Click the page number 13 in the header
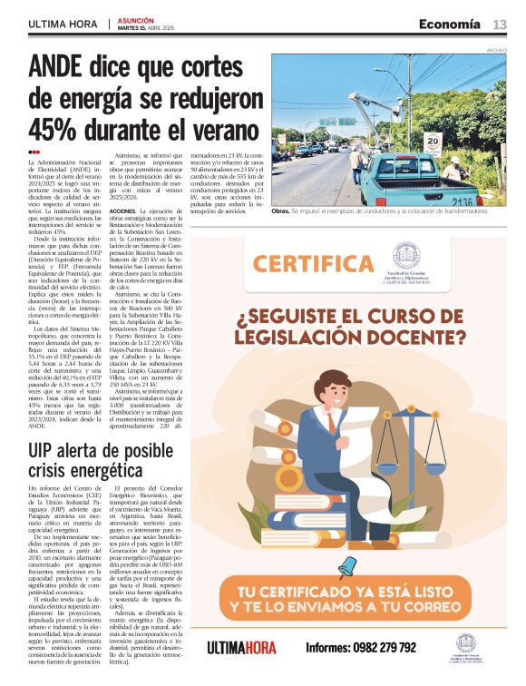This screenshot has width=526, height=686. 500,24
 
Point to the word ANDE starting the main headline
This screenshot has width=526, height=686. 60,66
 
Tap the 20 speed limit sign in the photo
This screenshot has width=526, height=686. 433,142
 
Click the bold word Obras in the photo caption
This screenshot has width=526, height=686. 283,211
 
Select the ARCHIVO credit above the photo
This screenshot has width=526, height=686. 497,50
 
